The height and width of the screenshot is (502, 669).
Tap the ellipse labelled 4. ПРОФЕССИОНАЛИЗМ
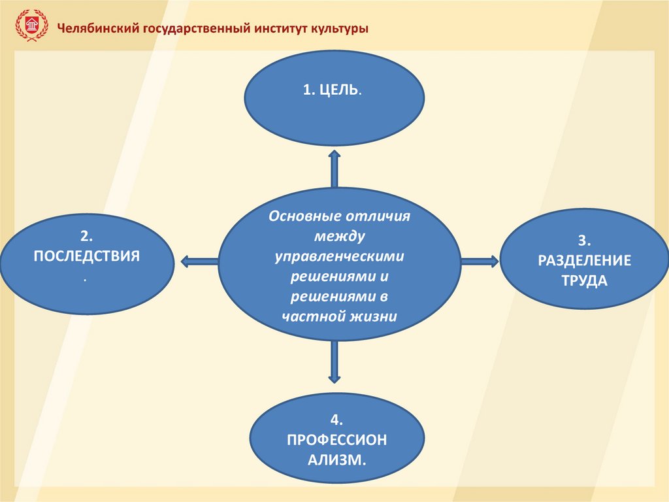coord(336,439)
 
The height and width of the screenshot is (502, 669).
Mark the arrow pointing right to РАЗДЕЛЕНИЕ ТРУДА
coord(480,261)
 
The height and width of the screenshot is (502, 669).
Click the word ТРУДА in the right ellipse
coord(584,281)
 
